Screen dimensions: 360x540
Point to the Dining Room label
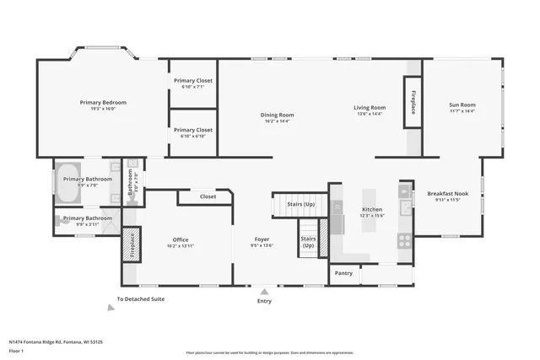277,115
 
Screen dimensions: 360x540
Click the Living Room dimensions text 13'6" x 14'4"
369,114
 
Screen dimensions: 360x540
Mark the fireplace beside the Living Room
413,102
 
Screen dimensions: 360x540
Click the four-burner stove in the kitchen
404,239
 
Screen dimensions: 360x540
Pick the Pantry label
343,273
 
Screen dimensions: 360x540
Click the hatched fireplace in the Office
131,245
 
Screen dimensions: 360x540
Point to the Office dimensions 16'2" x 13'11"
181,245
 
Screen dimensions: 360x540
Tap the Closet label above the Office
208,196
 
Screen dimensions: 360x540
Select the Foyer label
262,239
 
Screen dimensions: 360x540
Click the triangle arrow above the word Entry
264,291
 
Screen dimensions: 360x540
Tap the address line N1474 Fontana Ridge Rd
55,341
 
